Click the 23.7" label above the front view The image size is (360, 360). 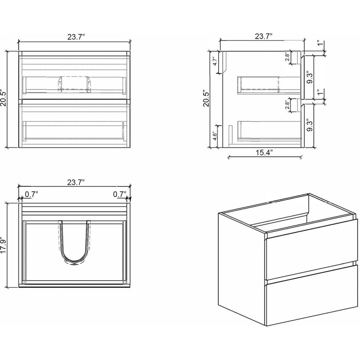click(x=76, y=37)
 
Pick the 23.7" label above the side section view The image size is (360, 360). click(x=264, y=36)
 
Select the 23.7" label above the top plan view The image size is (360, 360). click(x=76, y=182)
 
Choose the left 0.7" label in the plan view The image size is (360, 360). click(x=31, y=194)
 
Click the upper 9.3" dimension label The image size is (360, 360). click(x=310, y=77)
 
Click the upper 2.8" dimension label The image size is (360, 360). click(x=287, y=57)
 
